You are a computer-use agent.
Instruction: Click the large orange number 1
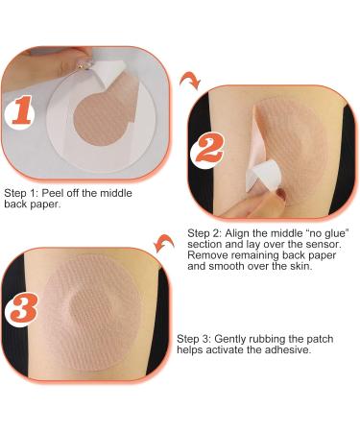click(22, 110)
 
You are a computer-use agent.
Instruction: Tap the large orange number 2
click(209, 147)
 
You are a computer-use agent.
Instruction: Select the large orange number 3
click(24, 308)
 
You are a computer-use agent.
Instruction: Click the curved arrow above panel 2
click(190, 81)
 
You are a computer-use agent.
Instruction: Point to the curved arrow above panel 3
click(164, 243)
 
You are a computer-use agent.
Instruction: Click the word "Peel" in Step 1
click(53, 193)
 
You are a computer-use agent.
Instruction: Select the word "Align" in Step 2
click(237, 233)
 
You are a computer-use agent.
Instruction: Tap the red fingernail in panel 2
click(281, 194)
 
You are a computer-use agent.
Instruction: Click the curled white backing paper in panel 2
click(262, 173)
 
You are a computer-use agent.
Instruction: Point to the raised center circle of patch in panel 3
click(93, 307)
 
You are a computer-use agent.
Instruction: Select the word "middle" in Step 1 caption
click(116, 193)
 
